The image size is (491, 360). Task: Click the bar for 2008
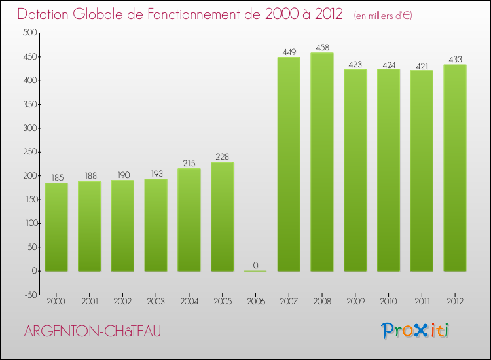pos(322,162)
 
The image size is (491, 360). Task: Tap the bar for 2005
pos(223,217)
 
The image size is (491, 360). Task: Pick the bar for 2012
pos(455,168)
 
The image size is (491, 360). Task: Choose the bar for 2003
pos(156,225)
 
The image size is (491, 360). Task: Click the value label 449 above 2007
pos(289,52)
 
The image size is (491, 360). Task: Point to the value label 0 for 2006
pos(255,265)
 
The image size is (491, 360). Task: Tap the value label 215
pos(189,163)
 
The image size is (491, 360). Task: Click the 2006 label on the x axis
pos(255,302)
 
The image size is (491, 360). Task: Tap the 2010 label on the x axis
pos(388,302)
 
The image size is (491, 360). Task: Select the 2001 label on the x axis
pos(89,302)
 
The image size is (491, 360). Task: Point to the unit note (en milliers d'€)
pos(382,15)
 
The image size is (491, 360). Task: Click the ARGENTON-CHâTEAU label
pos(91,332)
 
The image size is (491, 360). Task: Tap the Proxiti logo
pos(415,331)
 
